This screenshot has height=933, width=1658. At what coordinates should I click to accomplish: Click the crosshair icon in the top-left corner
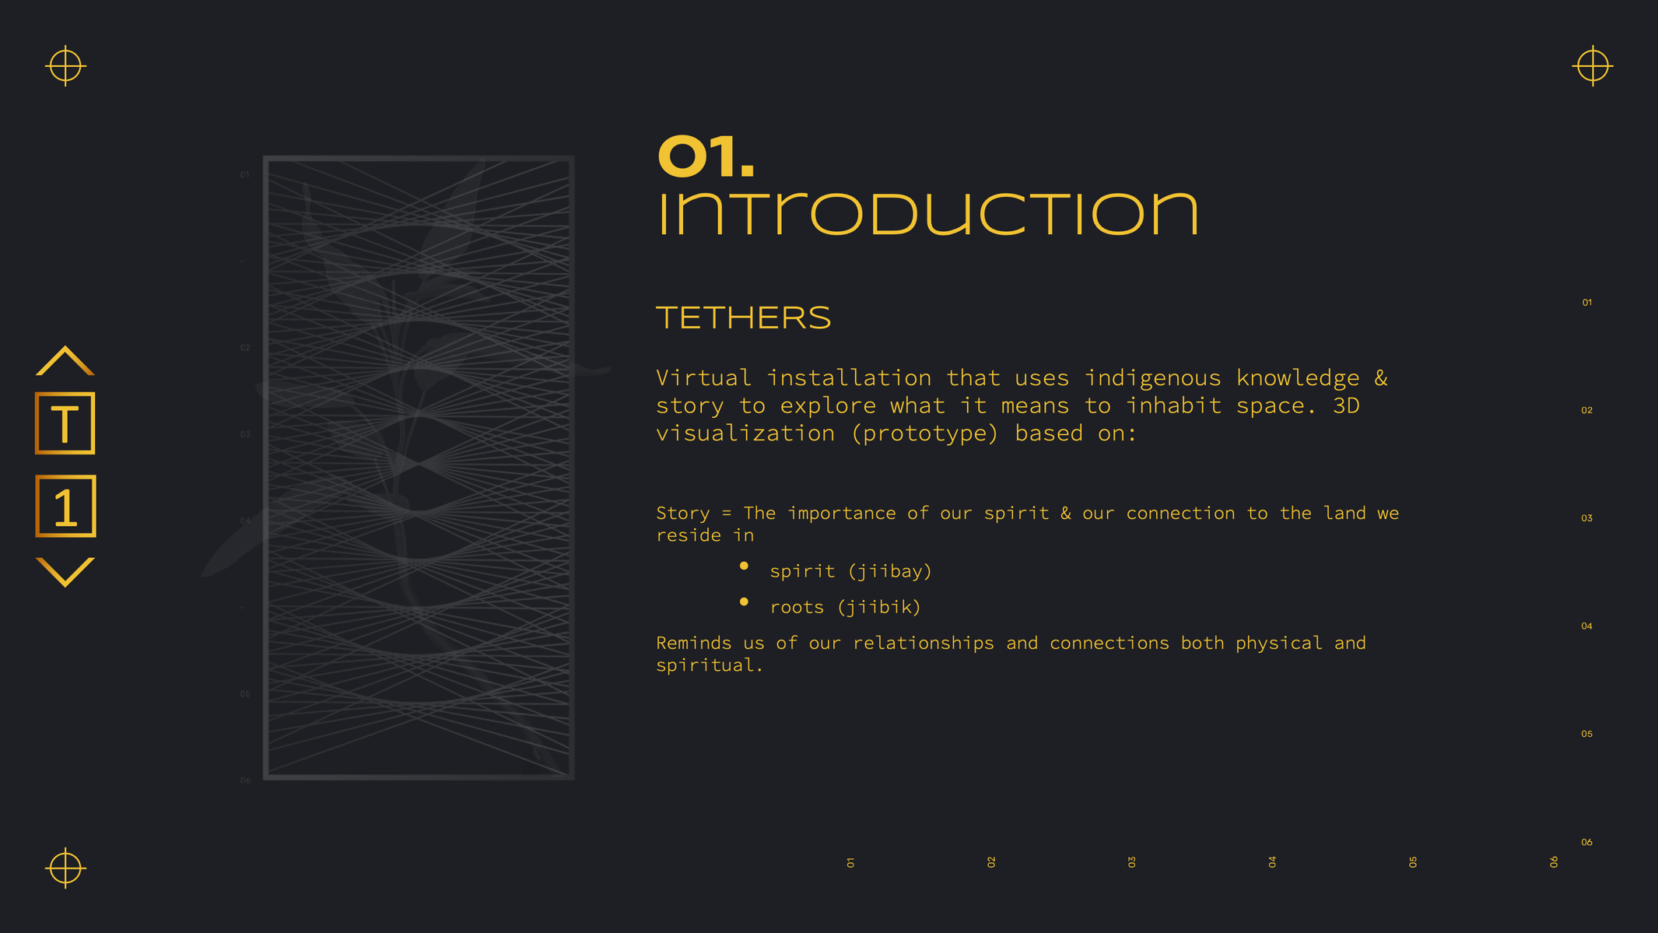click(65, 65)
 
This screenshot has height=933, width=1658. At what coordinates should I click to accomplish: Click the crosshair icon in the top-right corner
click(1593, 65)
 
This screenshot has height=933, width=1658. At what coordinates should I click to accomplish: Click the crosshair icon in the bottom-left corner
click(65, 868)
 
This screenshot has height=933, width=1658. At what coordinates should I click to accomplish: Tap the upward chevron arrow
click(65, 361)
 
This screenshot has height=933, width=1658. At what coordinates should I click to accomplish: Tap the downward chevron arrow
click(65, 572)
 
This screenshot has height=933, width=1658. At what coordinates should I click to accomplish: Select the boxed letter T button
click(65, 423)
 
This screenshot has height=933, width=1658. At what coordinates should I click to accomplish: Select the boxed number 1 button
click(65, 506)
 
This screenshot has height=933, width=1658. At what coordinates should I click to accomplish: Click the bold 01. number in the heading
click(706, 156)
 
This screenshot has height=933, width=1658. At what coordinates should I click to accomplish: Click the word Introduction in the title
click(927, 214)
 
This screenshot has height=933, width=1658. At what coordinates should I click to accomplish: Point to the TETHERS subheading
click(744, 317)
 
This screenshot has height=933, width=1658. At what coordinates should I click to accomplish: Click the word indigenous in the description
click(1153, 378)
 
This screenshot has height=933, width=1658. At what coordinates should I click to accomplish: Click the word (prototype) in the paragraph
click(924, 433)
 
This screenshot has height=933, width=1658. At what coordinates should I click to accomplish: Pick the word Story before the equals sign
click(683, 514)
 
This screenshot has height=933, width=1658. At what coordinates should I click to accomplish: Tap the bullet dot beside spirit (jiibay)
click(744, 566)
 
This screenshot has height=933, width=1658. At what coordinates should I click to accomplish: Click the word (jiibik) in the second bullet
click(879, 607)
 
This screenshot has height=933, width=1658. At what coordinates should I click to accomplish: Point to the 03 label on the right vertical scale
click(1586, 518)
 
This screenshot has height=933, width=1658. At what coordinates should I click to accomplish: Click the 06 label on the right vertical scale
click(1586, 842)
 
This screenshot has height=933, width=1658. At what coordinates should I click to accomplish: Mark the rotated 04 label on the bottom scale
click(1272, 862)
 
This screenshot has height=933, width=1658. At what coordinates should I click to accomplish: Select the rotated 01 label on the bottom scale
click(850, 862)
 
